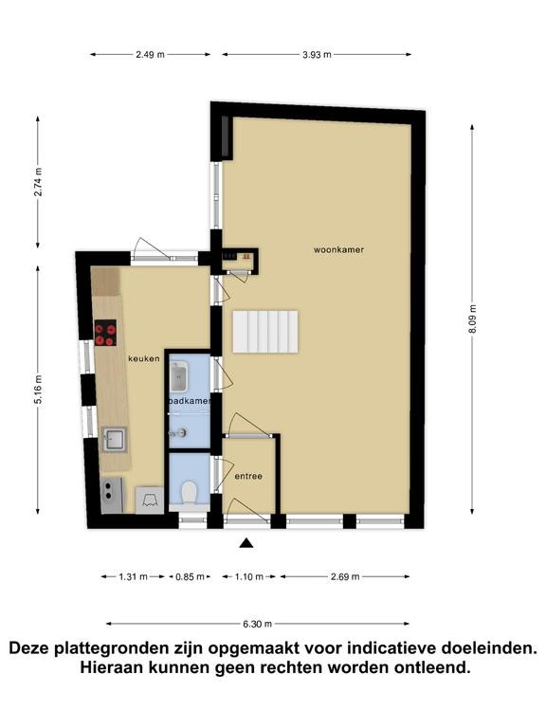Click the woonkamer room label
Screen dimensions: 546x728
pyautogui.click(x=338, y=250)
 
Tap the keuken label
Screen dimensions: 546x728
pyautogui.click(x=144, y=358)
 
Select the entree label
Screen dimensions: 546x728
pyautogui.click(x=248, y=476)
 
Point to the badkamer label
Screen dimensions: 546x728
pyautogui.click(x=190, y=400)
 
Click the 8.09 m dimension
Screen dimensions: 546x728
pyautogui.click(x=472, y=318)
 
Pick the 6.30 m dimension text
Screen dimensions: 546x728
pyautogui.click(x=257, y=624)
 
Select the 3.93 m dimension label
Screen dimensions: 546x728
pyautogui.click(x=318, y=55)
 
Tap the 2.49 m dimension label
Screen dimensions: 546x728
pyautogui.click(x=150, y=55)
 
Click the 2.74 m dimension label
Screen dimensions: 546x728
pyautogui.click(x=38, y=182)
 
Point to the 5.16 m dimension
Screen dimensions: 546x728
pyautogui.click(x=38, y=390)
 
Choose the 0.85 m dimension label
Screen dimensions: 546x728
pyautogui.click(x=190, y=576)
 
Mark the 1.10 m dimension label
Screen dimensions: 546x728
pyautogui.click(x=249, y=576)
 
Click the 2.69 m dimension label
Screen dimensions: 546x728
pyautogui.click(x=345, y=576)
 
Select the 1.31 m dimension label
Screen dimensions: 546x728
pyautogui.click(x=134, y=576)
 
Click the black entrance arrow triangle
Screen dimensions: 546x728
pyautogui.click(x=246, y=543)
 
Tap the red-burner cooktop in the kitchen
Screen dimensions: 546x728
pyautogui.click(x=105, y=333)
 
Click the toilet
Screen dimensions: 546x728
pyautogui.click(x=189, y=492)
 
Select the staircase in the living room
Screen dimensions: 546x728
pyautogui.click(x=265, y=332)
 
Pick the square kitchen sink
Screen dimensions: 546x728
pyautogui.click(x=114, y=439)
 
